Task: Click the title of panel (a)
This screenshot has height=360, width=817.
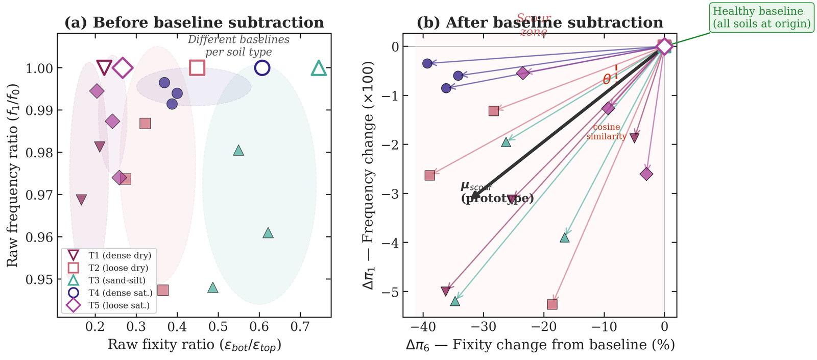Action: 194,23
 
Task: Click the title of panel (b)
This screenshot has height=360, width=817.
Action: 540,23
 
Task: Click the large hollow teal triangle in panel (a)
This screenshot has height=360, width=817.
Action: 319,68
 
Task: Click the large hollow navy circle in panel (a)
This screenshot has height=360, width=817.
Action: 262,67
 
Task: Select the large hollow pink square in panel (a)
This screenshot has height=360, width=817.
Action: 197,67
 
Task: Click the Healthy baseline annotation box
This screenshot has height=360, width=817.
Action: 761,17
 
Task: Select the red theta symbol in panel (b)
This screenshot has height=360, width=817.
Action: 607,79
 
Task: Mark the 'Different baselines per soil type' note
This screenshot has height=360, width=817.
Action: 238,46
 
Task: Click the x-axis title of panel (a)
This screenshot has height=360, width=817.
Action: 194,345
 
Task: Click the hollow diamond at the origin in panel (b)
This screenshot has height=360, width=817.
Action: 664,46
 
